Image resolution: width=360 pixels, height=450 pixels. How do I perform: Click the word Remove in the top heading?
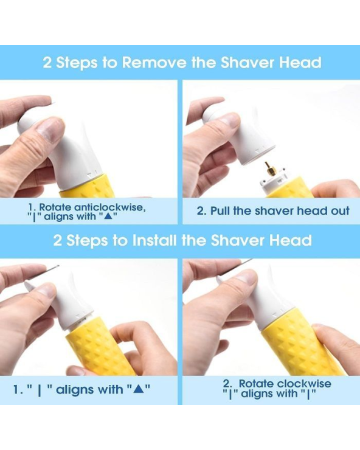pos(154,62)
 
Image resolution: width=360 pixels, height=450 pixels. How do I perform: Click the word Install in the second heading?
pos(154,240)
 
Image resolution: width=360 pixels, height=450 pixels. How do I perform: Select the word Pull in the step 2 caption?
pos(220,210)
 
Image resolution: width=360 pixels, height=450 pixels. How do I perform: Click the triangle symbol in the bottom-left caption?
pos(139,389)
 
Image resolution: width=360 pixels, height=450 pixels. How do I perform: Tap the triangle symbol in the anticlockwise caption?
pos(108,216)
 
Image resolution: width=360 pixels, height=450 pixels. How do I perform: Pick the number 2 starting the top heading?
pos(47,63)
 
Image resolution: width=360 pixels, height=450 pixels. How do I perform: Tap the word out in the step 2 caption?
pos(340,211)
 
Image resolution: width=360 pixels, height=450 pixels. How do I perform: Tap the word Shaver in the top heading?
pos(247,62)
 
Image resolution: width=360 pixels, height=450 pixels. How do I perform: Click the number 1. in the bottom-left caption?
pos(18,389)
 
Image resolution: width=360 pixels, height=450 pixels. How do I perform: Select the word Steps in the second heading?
pos(87,240)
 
